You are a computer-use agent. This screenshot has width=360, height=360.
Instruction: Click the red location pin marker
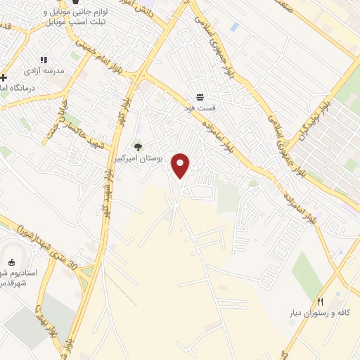[x=181, y=165]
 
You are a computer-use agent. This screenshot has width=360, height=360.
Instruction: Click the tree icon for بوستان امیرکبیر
[x=138, y=147]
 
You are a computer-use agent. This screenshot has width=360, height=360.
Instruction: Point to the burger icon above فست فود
[x=200, y=97]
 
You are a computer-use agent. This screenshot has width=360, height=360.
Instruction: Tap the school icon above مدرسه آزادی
[x=44, y=60]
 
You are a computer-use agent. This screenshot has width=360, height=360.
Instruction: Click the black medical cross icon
[x=4, y=77]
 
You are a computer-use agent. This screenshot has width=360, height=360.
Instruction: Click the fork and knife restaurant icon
[x=321, y=300]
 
